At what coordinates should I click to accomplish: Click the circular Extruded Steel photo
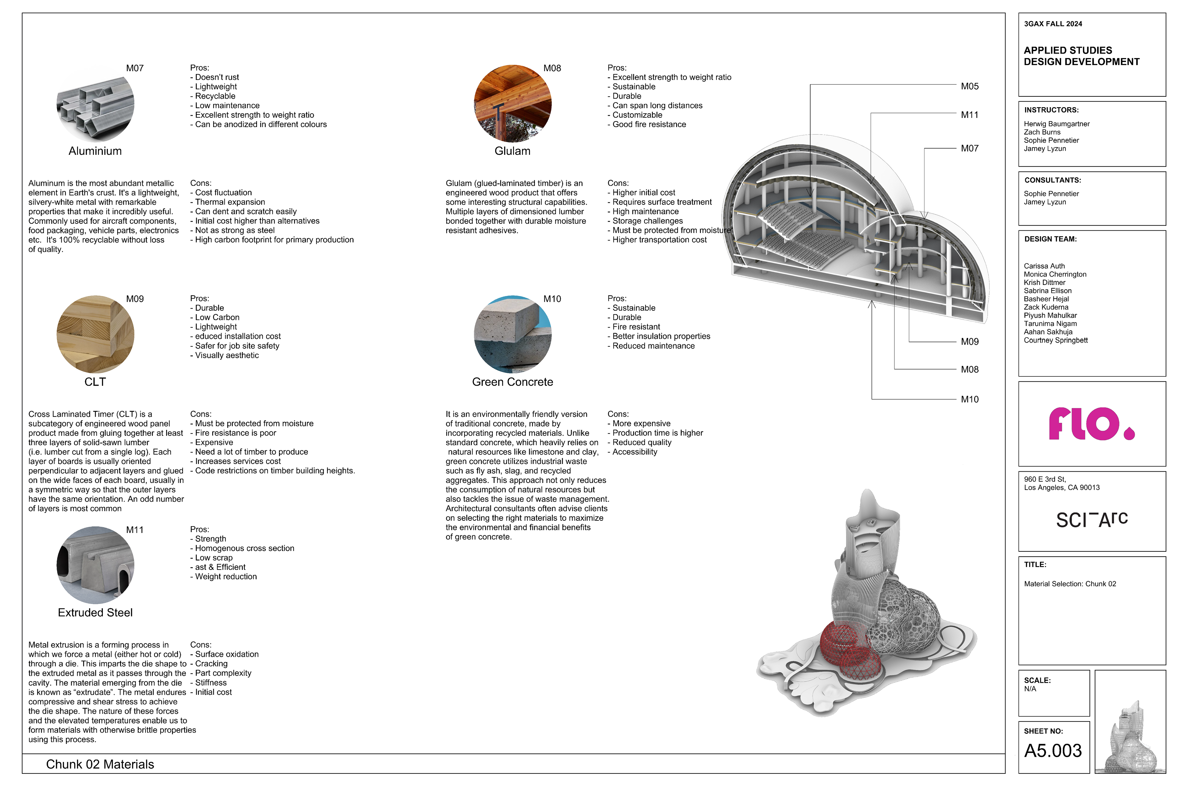[95, 565]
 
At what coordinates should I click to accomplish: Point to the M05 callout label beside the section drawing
[970, 86]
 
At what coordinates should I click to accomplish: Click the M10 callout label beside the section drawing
[970, 399]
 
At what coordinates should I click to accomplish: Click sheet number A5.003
[1053, 750]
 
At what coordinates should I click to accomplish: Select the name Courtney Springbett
[1055, 340]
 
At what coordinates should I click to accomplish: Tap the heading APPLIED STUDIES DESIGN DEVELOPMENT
[1081, 56]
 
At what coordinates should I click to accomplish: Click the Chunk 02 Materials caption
[100, 765]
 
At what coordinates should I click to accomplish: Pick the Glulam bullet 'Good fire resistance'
[649, 124]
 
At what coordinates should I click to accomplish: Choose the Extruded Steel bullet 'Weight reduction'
[226, 577]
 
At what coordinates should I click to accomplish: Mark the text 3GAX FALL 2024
[1053, 24]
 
